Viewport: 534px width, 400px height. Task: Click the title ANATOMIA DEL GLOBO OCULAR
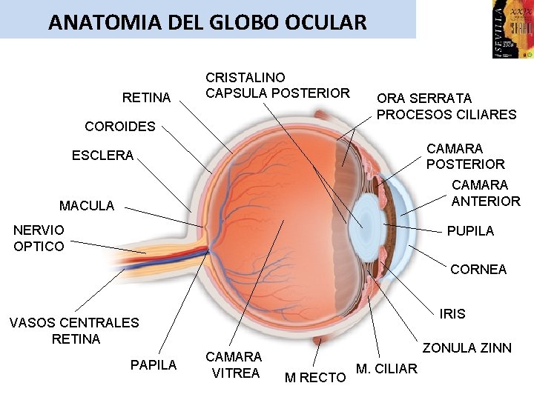coord(207,22)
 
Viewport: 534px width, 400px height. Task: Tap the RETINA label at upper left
coord(146,98)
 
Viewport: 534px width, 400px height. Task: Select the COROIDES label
coord(120,127)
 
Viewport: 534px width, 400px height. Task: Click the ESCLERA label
coord(102,156)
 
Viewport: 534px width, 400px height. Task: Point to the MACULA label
coord(87,206)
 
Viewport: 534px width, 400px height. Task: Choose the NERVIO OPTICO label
coord(39,239)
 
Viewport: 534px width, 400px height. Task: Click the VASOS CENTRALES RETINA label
coord(74,330)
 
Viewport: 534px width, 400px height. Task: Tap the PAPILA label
coord(154,365)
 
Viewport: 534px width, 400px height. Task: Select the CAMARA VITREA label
coord(234,364)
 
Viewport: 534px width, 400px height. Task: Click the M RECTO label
coord(315,378)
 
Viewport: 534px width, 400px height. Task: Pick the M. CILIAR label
coord(387,369)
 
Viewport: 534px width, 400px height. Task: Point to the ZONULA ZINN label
coord(467,348)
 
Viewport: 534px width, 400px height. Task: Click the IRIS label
coord(452,314)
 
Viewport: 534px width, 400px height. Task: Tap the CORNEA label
coord(478,270)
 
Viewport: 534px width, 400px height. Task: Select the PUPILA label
coord(470,231)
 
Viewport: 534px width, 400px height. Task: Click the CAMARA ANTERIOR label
coord(486,193)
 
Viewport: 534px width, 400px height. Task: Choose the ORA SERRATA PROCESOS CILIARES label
coord(446,106)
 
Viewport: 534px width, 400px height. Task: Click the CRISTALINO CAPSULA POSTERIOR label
coord(277,85)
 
